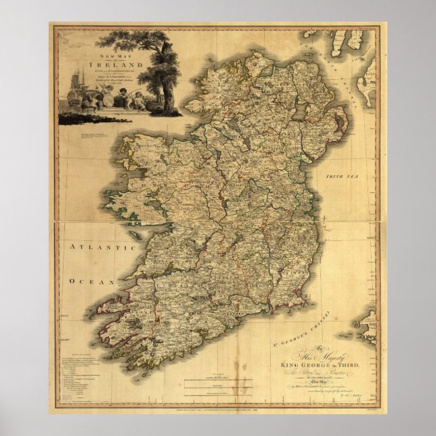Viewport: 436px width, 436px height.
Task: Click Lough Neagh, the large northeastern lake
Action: point(299,112)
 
